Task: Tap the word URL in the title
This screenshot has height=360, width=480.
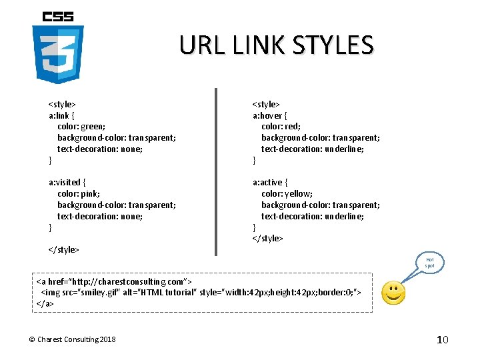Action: click(203, 45)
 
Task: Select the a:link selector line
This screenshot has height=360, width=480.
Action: click(65, 115)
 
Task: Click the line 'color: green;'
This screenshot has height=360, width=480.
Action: click(81, 127)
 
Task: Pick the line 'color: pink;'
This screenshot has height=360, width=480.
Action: click(79, 193)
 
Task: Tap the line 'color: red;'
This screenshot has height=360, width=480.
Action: click(281, 127)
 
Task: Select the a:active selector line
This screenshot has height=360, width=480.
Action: click(271, 182)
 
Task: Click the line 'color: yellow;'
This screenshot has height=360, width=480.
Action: click(286, 193)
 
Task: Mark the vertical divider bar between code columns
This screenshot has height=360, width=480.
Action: click(215, 172)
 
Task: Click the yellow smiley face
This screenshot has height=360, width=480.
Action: click(393, 293)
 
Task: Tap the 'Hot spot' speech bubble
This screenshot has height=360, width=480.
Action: click(429, 262)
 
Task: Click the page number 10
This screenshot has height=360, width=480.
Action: click(443, 340)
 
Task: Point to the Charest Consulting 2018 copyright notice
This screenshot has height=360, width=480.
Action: click(72, 340)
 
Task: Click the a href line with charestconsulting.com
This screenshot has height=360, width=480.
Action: click(114, 281)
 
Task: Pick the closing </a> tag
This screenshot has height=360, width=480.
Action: click(45, 303)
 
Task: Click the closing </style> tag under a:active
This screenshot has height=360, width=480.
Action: click(267, 238)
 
